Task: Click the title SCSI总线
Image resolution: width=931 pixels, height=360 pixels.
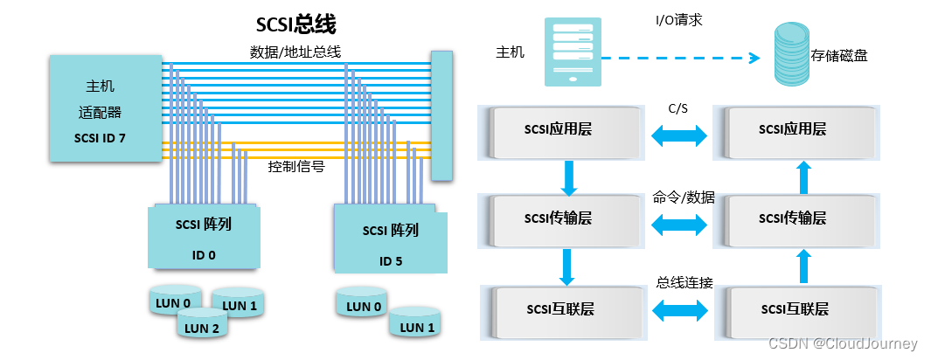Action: point(295,23)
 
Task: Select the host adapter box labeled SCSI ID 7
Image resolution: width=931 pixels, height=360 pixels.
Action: point(106,109)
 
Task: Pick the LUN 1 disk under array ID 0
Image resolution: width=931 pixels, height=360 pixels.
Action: point(239,302)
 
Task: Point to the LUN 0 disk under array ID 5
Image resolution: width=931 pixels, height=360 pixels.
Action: point(363,303)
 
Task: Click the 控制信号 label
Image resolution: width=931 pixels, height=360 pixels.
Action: point(295,166)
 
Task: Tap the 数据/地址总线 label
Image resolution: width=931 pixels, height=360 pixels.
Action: point(295,53)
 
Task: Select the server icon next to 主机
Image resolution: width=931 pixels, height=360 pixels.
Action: point(572,52)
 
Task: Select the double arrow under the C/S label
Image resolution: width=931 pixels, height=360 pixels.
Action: point(678,135)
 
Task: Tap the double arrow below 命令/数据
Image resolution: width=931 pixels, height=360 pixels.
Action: point(678,224)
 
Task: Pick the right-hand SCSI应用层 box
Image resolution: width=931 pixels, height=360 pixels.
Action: point(793,129)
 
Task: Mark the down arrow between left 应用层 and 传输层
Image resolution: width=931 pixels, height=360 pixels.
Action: point(569,177)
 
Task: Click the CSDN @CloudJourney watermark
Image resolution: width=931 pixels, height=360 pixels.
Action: point(843,344)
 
